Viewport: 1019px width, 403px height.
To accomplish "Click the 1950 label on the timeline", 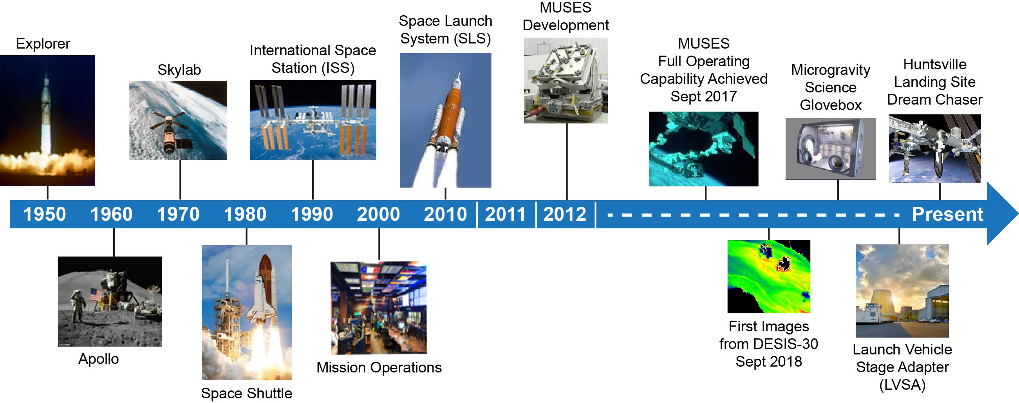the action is point(45,214).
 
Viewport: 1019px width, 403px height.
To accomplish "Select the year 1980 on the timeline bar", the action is point(245,214).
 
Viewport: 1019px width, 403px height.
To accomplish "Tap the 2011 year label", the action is point(505,214).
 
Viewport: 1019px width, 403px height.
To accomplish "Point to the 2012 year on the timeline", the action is point(564,214).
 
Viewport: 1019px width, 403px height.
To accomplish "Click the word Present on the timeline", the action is point(947,214).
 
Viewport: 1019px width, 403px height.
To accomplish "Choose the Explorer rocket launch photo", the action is point(47,120).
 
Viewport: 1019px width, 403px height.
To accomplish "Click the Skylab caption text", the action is point(179,70).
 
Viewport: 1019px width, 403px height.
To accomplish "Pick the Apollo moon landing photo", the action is point(110,301).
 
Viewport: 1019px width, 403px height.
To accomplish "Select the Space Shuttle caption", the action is point(246,393).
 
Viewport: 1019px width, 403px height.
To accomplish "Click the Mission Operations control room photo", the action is point(379,307).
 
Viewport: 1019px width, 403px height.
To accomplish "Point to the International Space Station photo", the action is point(313,120).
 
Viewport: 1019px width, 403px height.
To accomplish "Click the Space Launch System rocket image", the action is point(445,120).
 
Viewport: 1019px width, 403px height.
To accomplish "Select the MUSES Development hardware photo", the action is point(566,80).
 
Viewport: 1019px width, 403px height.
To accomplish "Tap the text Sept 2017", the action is point(703,96).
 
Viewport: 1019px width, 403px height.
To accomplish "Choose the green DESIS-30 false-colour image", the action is point(769,276).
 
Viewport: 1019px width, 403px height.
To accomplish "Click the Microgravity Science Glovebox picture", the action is point(831,149).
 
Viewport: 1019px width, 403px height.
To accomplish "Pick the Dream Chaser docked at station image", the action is point(935,149).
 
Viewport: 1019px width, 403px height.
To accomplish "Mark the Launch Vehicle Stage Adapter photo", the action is point(902,291).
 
